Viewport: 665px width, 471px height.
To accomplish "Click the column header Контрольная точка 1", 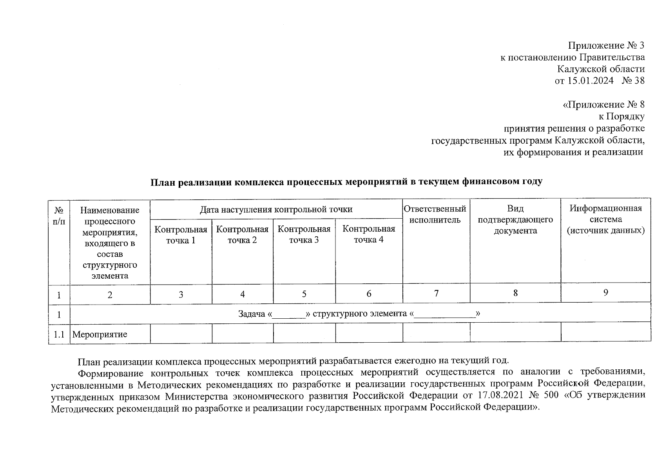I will (181, 234).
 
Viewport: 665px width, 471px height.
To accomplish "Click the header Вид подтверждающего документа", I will (515, 219).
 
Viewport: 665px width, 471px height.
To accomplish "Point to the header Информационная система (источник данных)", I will (605, 219).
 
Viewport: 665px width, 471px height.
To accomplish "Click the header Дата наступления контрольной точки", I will (276, 209).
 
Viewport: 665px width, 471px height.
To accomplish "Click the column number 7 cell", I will (436, 293).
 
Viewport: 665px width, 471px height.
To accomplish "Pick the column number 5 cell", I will (304, 294).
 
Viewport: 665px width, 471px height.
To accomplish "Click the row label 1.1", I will (59, 334).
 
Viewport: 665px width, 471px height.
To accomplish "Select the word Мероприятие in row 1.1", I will (100, 334).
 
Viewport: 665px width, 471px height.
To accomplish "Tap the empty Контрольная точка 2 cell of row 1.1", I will (243, 334).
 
